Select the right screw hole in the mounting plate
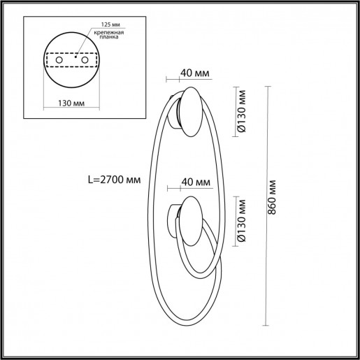85,62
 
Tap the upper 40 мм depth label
195,73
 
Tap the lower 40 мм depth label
195,183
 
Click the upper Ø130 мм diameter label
241,110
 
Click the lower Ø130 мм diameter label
241,220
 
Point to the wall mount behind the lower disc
173,218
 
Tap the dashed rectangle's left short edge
45,62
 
